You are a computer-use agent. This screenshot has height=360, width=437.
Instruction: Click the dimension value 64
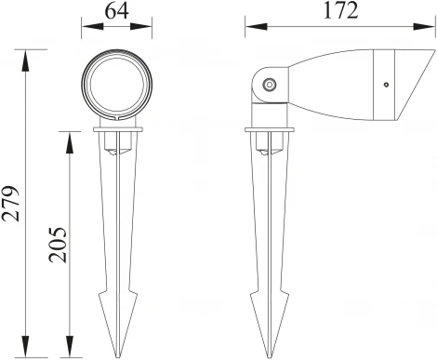coord(117,12)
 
